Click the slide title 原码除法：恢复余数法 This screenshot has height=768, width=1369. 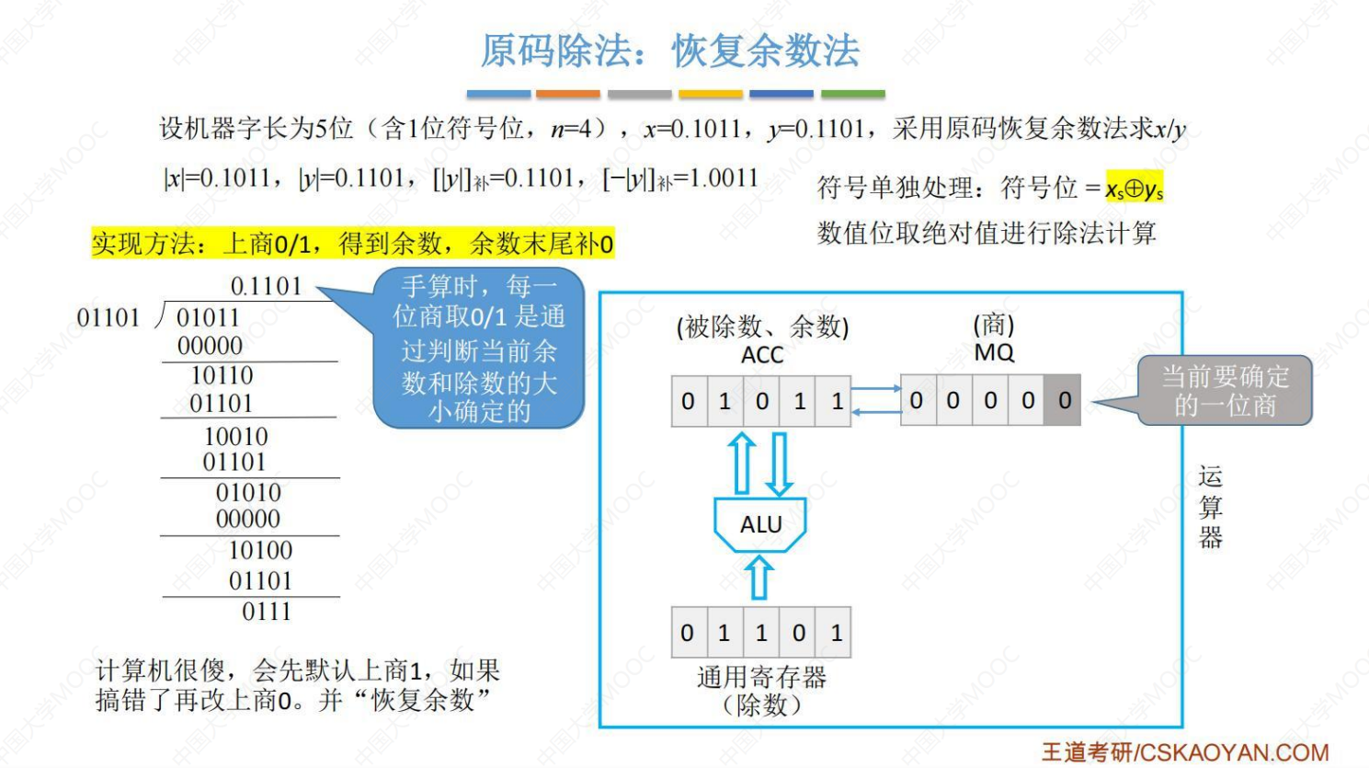tap(669, 51)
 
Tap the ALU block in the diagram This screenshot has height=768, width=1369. tap(760, 524)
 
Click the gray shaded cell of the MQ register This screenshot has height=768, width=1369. tap(1064, 401)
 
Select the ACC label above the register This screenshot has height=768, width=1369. tap(762, 355)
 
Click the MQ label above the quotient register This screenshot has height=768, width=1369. tap(994, 353)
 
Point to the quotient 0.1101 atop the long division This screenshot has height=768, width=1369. tap(266, 286)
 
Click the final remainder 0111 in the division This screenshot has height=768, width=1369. tap(266, 612)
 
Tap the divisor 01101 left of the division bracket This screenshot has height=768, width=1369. tap(108, 318)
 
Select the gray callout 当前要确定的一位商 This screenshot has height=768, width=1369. tap(1224, 391)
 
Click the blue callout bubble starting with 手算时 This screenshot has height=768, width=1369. tap(478, 349)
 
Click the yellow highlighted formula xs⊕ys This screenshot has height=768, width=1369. tap(1134, 189)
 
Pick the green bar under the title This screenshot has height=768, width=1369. tap(852, 94)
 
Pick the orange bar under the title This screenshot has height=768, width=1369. tap(567, 94)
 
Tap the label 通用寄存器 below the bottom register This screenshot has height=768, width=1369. tap(761, 678)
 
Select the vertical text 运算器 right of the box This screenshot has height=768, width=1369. tap(1210, 507)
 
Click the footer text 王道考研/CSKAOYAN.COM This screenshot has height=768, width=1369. tap(1184, 752)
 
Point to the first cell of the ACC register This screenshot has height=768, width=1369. tap(689, 401)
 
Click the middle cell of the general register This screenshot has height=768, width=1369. tap(761, 633)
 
